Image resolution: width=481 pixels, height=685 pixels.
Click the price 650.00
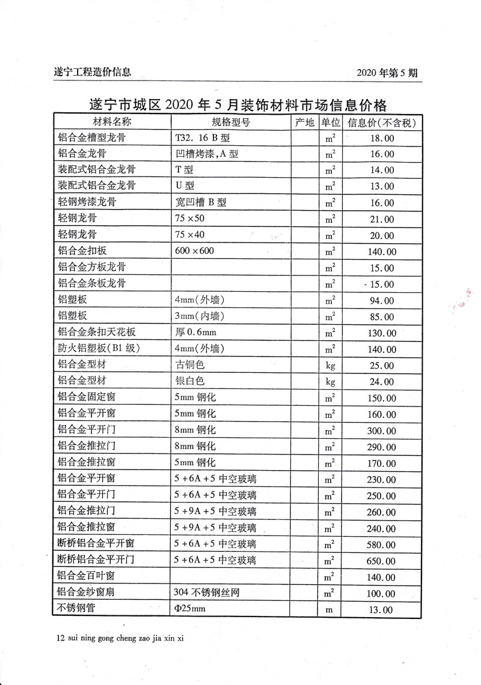tap(382, 561)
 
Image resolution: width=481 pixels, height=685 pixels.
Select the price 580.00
tap(382, 545)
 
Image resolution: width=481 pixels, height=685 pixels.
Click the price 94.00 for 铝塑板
tap(382, 301)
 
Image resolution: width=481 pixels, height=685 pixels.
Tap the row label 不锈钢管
tap(76, 609)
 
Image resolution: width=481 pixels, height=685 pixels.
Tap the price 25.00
tap(382, 366)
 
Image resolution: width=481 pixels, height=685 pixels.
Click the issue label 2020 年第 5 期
tap(387, 73)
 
